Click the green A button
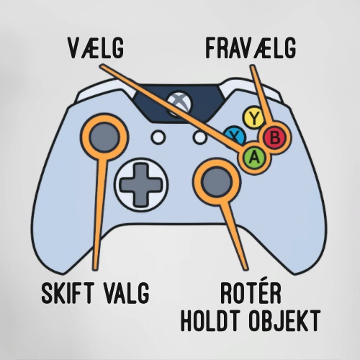(x=254, y=158)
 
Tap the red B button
(x=274, y=138)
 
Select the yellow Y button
(x=254, y=118)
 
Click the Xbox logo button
(x=179, y=104)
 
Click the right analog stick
(x=217, y=181)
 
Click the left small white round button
(x=158, y=138)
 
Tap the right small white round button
(x=200, y=138)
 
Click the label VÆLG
(x=96, y=48)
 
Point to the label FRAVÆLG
(x=251, y=48)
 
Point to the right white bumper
(x=252, y=89)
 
